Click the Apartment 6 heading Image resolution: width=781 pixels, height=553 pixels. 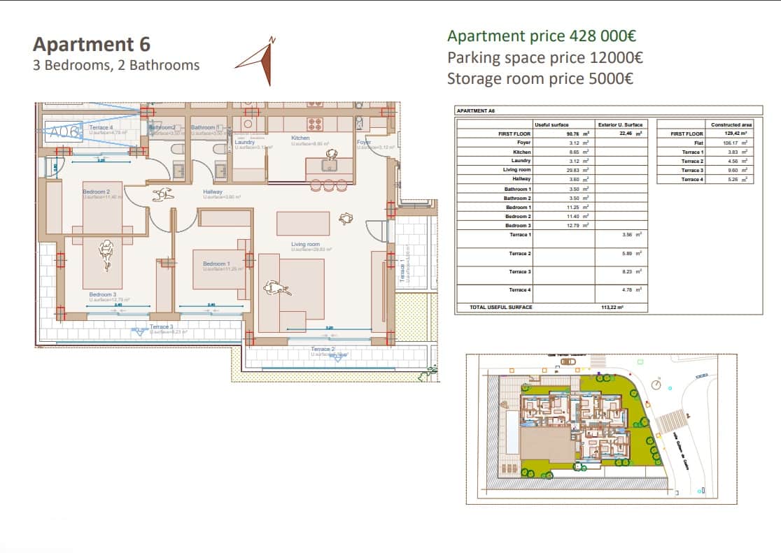pos(92,45)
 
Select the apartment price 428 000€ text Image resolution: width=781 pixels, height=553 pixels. pos(542,36)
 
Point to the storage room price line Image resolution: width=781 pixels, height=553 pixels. pos(540,78)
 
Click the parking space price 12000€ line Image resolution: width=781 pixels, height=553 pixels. pos(545,57)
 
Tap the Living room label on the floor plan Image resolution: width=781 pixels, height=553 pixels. pos(306,244)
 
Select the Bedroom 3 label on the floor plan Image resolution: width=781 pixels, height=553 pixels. pos(102,294)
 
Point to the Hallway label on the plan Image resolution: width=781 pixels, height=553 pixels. pos(213,192)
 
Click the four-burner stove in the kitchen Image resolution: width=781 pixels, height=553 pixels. pos(314,124)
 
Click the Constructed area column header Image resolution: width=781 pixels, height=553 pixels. pos(731,124)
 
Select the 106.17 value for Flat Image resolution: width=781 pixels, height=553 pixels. pos(733,143)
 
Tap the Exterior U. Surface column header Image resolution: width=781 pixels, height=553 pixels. pos(620,124)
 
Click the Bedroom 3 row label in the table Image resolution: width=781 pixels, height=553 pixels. pos(519,226)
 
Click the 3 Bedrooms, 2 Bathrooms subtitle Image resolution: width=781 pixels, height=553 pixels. pos(116,66)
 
